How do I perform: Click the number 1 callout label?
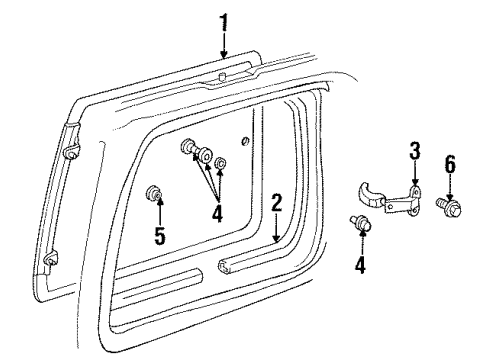pos(224,19)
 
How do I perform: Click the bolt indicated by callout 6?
pos(446,205)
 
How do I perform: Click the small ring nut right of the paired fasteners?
pos(223,163)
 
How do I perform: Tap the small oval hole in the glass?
pos(245,139)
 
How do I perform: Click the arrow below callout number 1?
pos(224,44)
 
